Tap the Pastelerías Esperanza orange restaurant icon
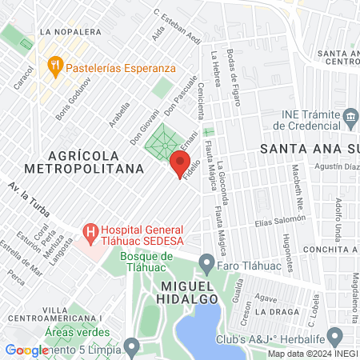click(x=55, y=66)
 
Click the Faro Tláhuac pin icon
click(x=206, y=262)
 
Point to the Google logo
click(x=26, y=350)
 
